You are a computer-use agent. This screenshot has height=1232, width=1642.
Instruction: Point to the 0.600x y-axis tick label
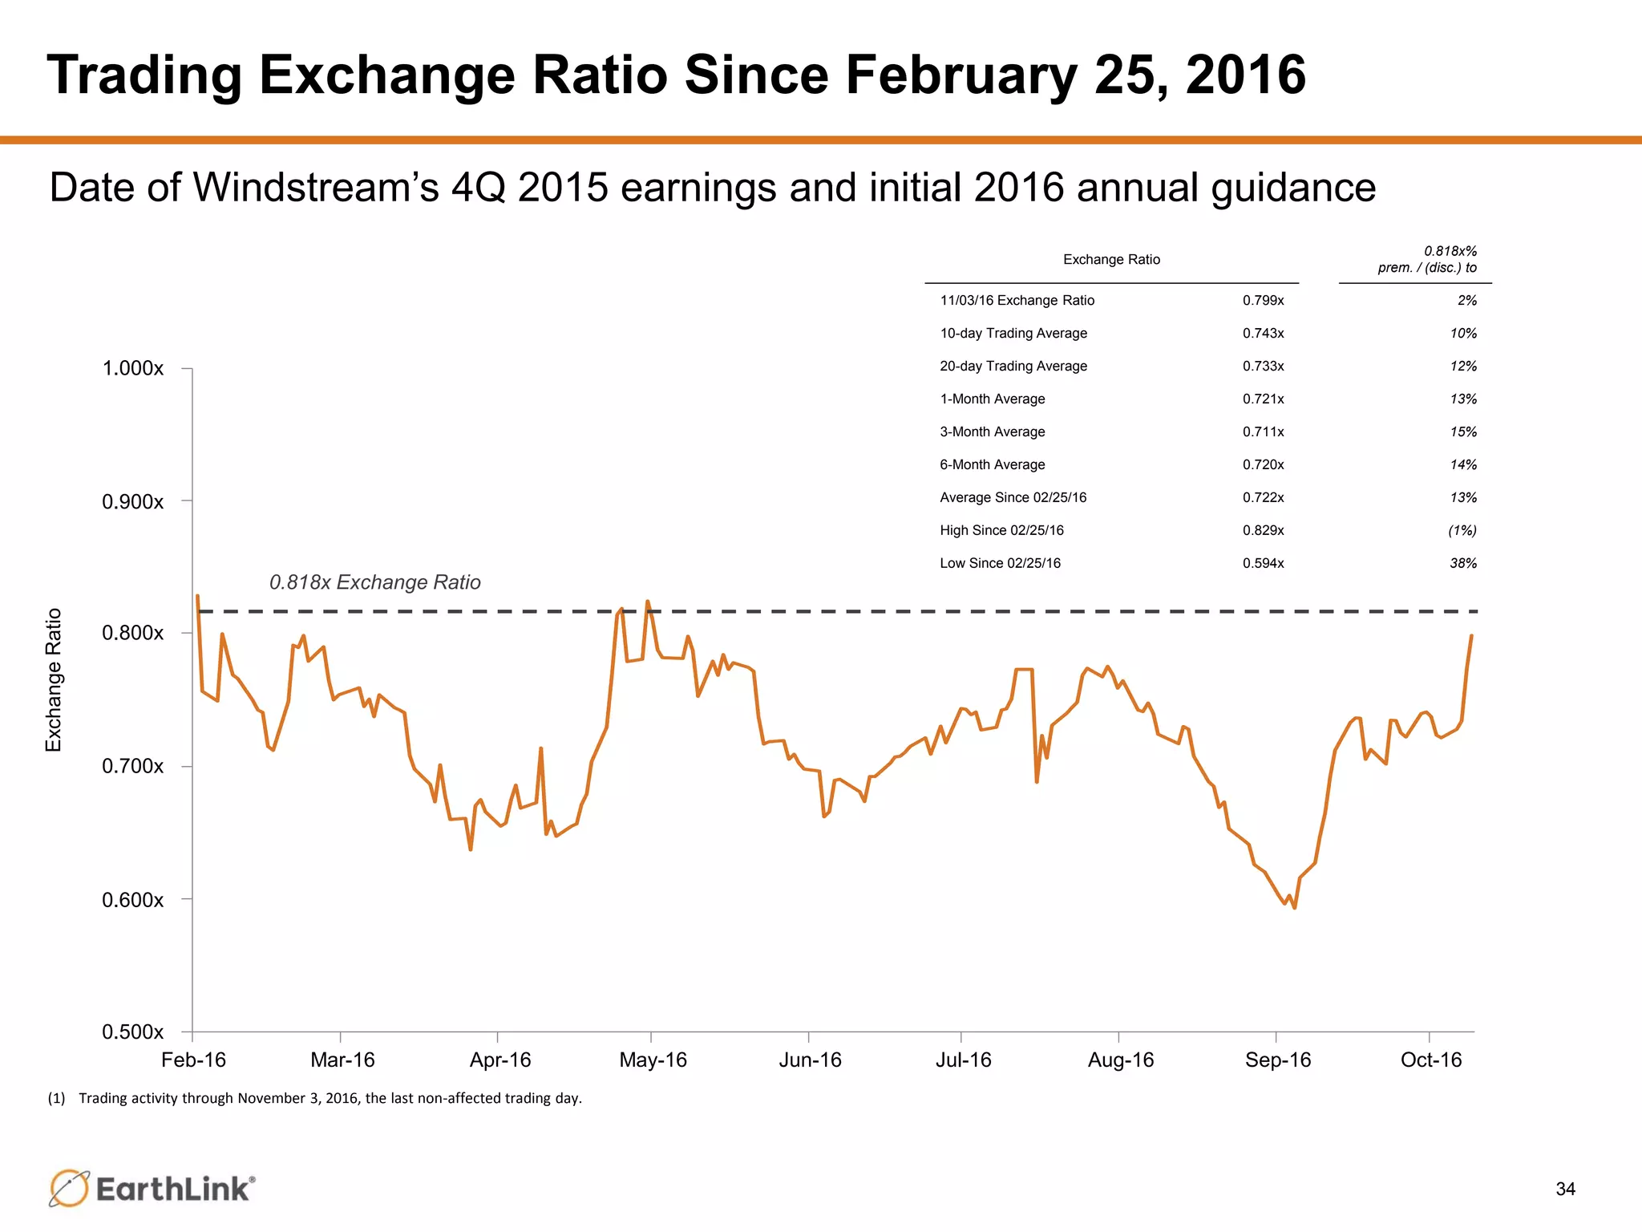pos(132,900)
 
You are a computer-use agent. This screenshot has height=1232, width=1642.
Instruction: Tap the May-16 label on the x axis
pos(653,1060)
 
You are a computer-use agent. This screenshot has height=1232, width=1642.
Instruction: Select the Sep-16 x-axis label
pos(1277,1060)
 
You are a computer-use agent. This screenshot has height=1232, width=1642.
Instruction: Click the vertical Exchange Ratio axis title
pos(54,680)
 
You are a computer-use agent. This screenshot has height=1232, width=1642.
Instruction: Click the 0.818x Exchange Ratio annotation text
pos(374,582)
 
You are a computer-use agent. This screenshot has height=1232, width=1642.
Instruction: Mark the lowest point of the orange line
pos(1294,908)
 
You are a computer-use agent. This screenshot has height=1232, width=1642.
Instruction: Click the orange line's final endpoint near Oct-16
pos(1471,636)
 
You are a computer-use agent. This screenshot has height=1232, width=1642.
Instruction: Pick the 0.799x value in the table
pos(1263,301)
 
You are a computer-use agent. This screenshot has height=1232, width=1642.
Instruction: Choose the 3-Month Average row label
pos(992,432)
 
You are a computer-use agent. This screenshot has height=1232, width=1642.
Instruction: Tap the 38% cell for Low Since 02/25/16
pos(1462,564)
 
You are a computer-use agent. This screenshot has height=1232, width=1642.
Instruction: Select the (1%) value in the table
pos(1462,531)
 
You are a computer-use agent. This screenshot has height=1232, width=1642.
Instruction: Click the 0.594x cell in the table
pos(1263,564)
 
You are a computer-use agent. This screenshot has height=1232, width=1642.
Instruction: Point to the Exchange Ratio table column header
pos(1111,260)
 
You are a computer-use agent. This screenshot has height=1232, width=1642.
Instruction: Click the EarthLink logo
pos(152,1188)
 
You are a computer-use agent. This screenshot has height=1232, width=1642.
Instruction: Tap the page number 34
pos(1565,1189)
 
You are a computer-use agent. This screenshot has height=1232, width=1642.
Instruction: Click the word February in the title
pos(960,75)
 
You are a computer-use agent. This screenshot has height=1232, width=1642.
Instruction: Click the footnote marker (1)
pos(56,1099)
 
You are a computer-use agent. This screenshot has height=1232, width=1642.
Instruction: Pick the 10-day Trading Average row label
pos(1013,334)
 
